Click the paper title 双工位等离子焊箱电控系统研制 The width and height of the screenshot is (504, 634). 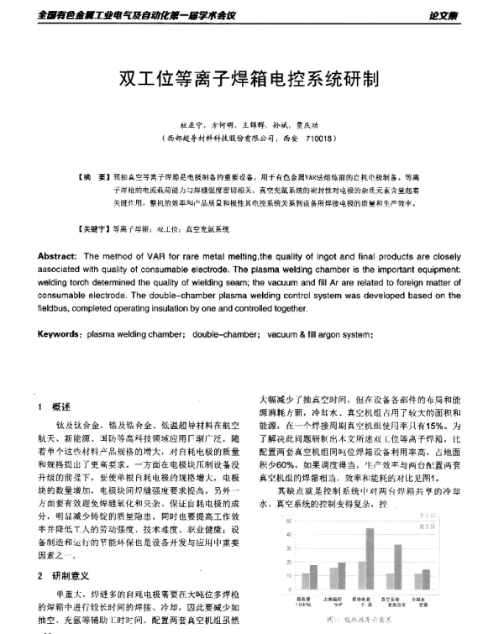251,80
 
